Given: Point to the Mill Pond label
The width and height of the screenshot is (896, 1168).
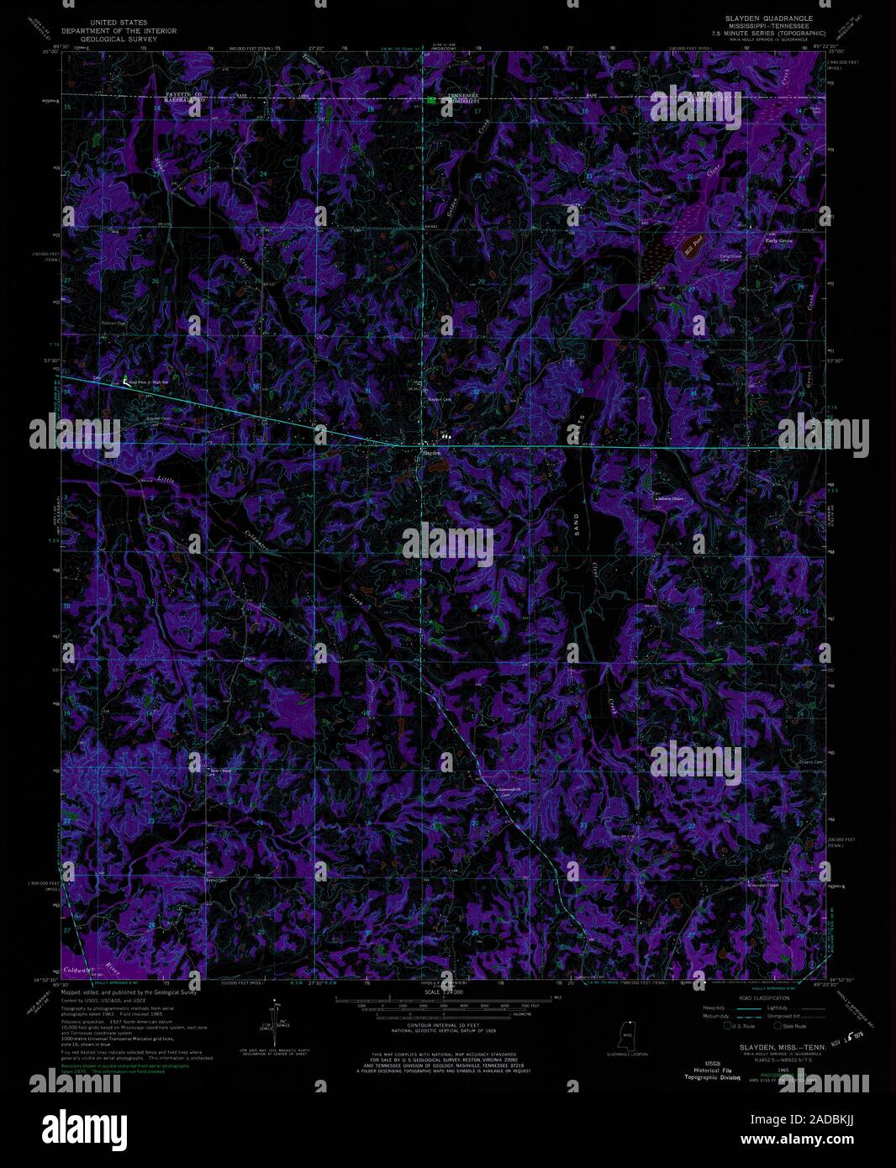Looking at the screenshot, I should (x=692, y=249).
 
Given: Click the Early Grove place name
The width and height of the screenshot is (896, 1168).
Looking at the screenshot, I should (x=778, y=240).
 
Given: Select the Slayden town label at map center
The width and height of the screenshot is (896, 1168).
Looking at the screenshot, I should (x=430, y=452).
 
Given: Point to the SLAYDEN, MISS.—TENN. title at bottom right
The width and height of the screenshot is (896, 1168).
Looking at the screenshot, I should (x=770, y=1047).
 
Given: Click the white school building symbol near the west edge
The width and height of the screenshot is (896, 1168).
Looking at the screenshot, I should (x=127, y=380).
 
